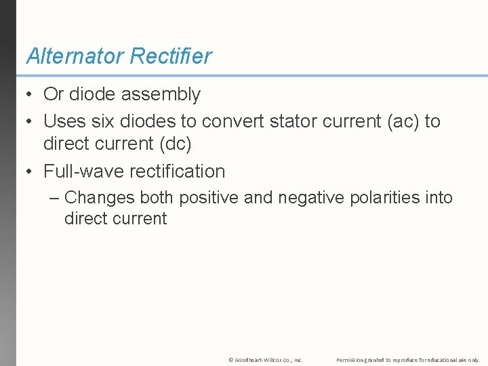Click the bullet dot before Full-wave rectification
tap(30, 171)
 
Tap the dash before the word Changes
tap(55, 198)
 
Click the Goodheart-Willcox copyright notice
tap(266, 360)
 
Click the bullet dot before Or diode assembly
tap(30, 95)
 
